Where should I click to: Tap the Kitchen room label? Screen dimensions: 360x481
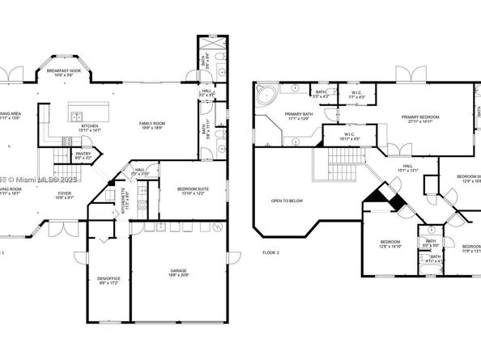point(89,127)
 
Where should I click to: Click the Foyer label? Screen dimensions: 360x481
point(64,195)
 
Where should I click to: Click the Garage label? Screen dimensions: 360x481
point(178,272)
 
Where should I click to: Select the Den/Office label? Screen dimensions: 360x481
point(108,280)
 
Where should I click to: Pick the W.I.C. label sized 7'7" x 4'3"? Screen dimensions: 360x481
point(356,94)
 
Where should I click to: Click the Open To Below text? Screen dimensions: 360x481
point(287,201)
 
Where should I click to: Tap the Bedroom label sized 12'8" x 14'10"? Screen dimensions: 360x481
point(390,244)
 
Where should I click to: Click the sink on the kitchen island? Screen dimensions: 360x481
point(79,113)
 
